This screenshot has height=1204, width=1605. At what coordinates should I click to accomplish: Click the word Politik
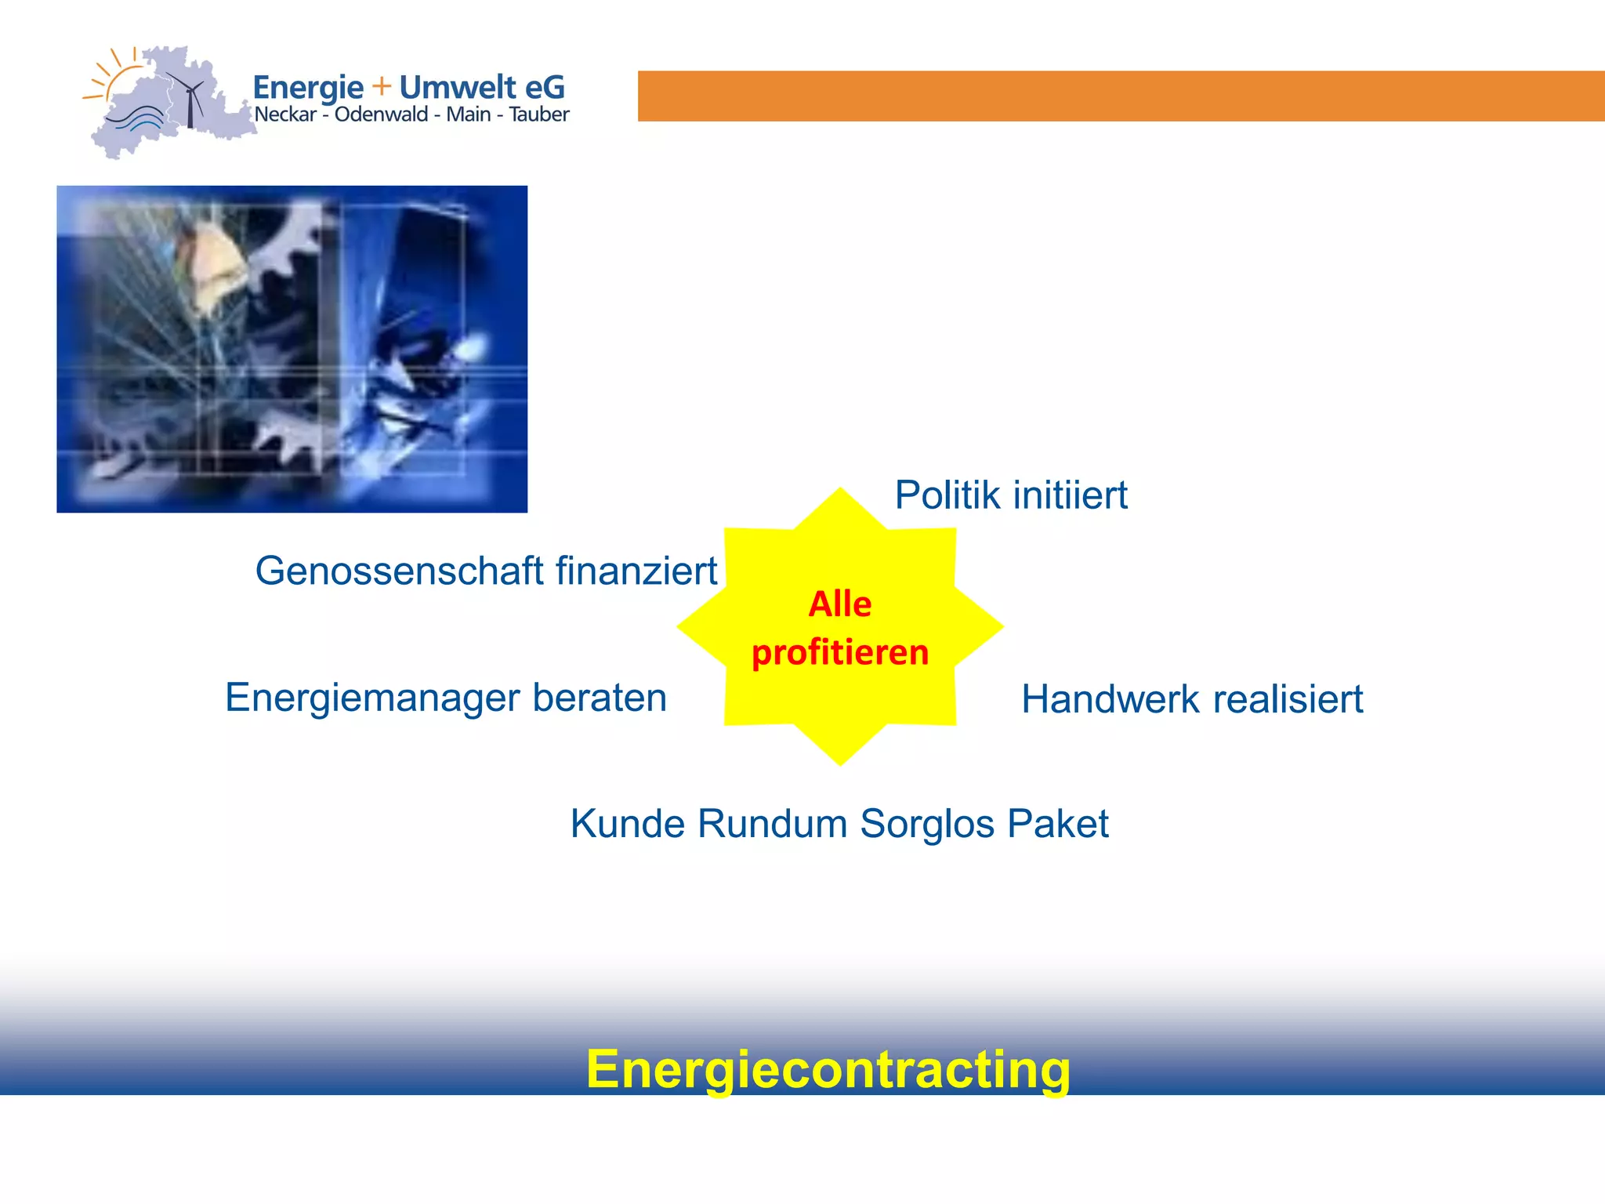click(947, 495)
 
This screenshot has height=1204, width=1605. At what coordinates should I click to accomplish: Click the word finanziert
click(636, 571)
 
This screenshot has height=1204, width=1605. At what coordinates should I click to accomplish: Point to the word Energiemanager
click(371, 698)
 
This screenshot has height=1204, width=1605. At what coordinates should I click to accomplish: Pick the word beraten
click(600, 698)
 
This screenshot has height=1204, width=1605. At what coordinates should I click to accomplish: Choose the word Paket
click(1057, 824)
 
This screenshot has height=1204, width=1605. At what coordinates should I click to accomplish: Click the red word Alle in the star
click(840, 604)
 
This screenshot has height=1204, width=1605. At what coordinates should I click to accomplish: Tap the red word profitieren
click(840, 653)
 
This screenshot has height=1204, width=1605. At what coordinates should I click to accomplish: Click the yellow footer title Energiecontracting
click(828, 1069)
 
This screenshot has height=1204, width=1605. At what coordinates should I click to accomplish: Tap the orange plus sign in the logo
click(382, 85)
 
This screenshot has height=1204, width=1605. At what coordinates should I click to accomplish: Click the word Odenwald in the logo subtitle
click(382, 114)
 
